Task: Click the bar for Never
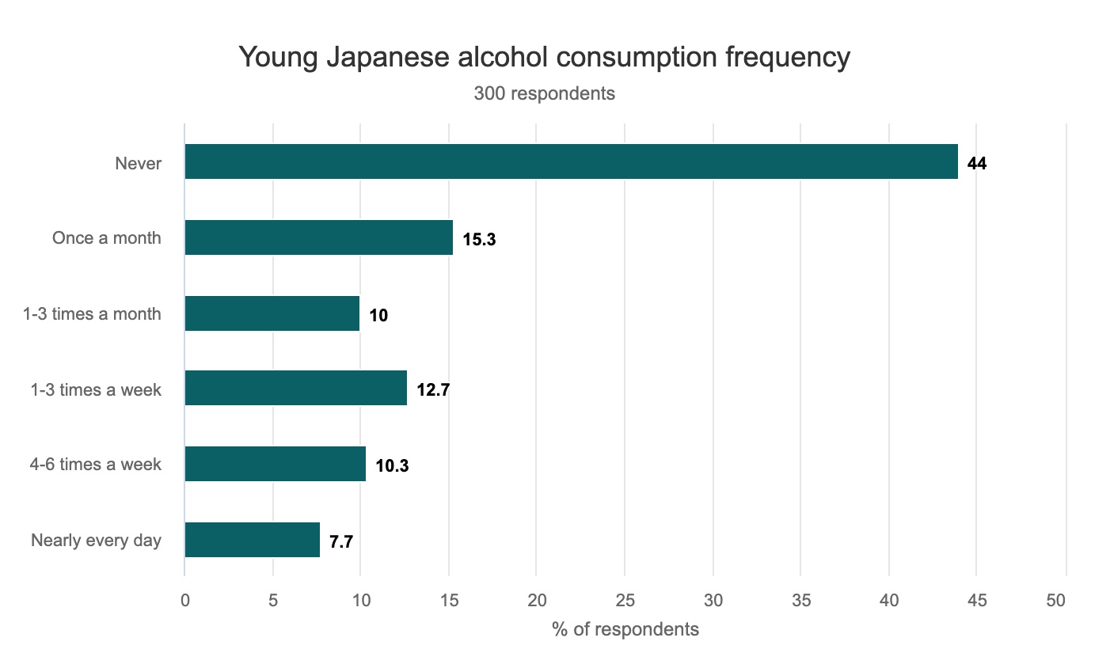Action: [x=571, y=161]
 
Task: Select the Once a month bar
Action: [x=318, y=237]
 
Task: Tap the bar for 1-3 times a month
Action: [x=272, y=313]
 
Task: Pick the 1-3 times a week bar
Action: [x=295, y=388]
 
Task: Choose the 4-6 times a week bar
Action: [x=275, y=464]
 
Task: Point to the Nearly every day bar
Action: [x=252, y=540]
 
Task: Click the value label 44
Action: [x=977, y=164]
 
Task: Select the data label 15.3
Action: [x=479, y=239]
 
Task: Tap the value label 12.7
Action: [x=433, y=389]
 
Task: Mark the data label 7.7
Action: [x=341, y=542]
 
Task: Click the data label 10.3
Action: [x=392, y=465]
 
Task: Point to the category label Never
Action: [x=138, y=164]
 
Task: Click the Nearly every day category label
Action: [x=96, y=541]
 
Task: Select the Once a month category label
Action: [x=106, y=238]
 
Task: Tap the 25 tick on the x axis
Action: [x=625, y=600]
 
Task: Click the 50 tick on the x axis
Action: [x=1056, y=600]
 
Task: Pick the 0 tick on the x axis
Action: [x=185, y=600]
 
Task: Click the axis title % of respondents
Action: [x=625, y=629]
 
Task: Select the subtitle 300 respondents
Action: [x=544, y=93]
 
